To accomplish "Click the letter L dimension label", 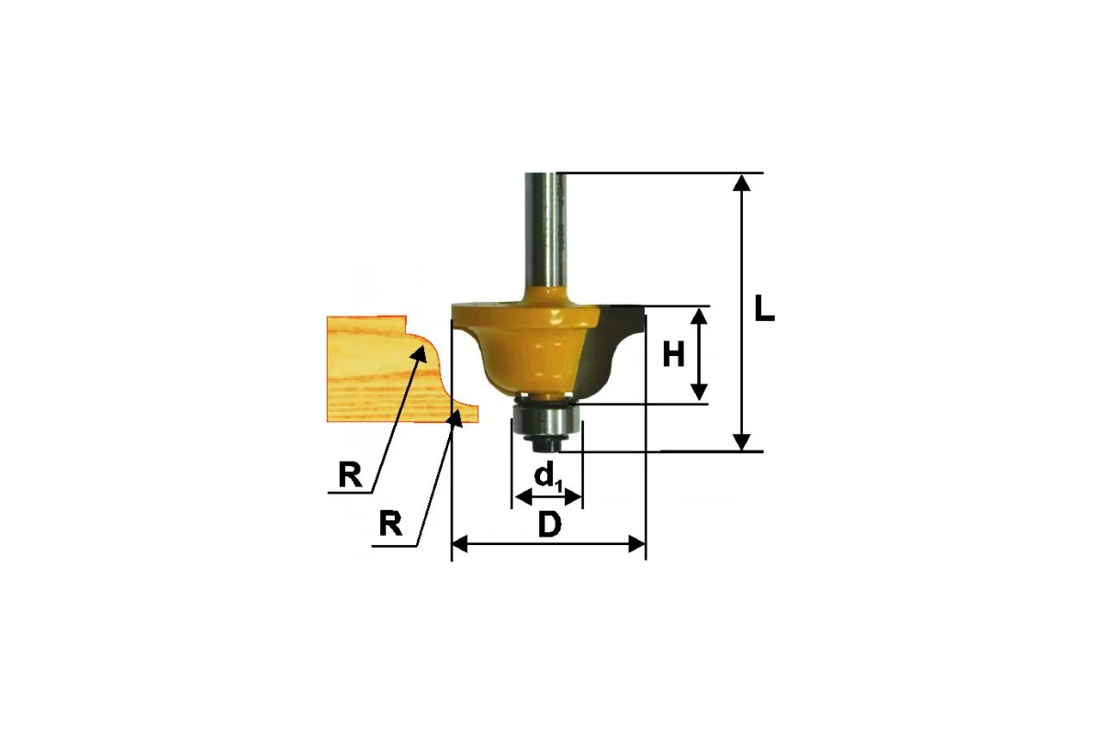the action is [x=764, y=308].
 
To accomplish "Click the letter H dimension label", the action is [x=673, y=354].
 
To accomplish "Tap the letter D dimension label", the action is [x=549, y=525].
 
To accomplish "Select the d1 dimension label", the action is [x=548, y=476].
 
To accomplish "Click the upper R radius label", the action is [x=350, y=475].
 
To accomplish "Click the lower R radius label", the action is [x=390, y=524].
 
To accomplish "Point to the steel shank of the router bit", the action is [x=546, y=231].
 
